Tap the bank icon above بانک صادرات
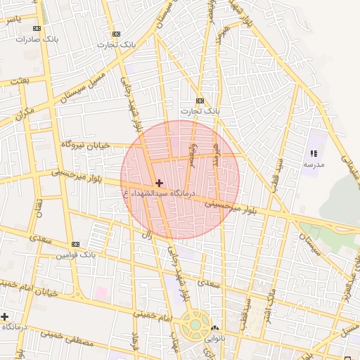37,29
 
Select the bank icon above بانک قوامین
75,244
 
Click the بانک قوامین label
77,253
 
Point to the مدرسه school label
314,163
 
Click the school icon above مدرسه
314,153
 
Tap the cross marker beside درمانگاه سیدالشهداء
160,183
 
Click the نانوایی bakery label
214,338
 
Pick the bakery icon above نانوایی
214,328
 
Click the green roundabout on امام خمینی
192,325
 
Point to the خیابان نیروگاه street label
86,143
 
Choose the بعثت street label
20,81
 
